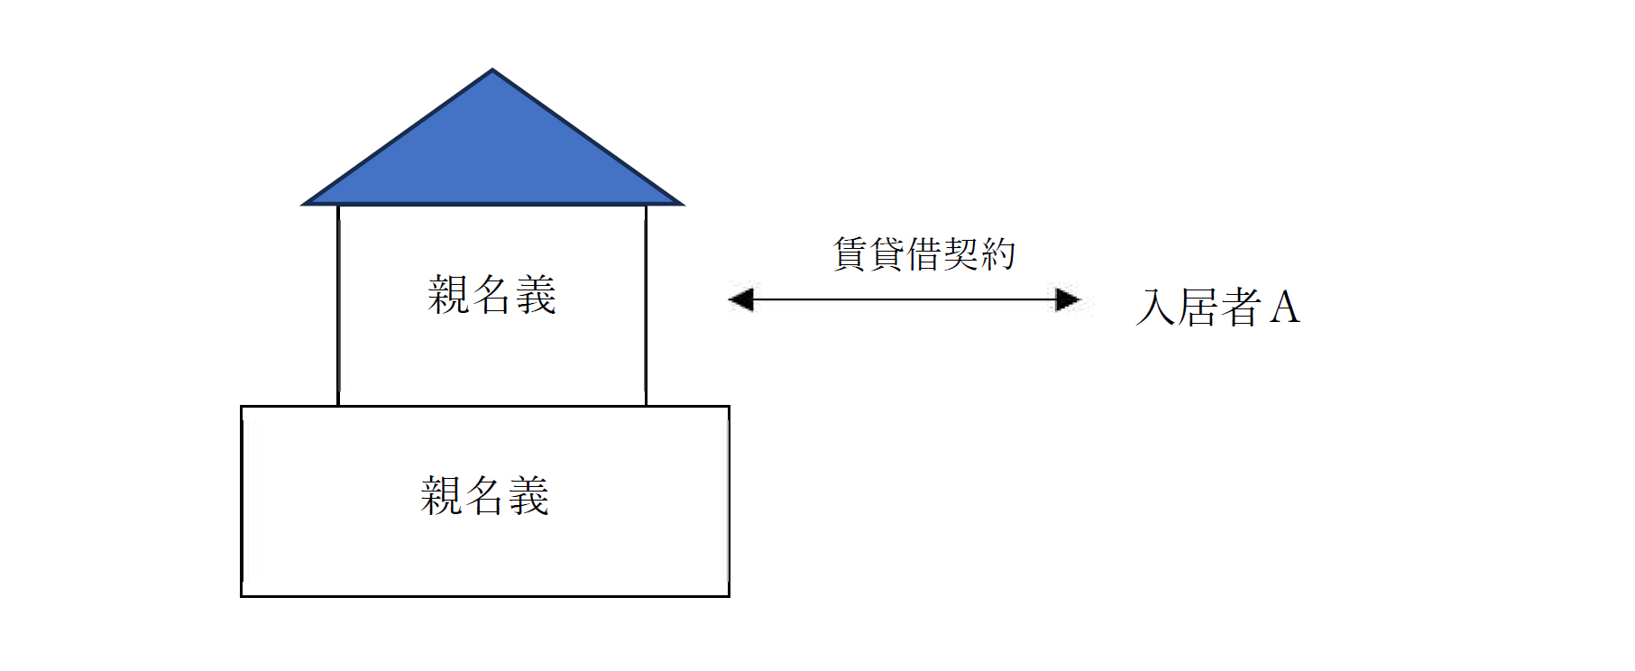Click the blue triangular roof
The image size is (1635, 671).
(492, 153)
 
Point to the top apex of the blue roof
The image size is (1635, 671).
(492, 69)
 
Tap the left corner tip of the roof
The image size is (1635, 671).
(303, 204)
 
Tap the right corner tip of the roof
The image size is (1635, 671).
(683, 204)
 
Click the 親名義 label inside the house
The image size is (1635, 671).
(492, 295)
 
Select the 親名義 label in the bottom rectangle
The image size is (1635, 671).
(485, 496)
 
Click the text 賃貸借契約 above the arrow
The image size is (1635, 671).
(924, 253)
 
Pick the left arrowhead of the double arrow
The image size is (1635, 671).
(740, 299)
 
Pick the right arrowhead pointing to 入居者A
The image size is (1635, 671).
(1068, 299)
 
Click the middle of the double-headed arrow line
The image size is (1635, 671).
(905, 299)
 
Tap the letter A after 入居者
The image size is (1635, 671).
(1285, 308)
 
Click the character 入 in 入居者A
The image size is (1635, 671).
(1156, 308)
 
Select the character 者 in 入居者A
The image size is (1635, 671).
(1241, 308)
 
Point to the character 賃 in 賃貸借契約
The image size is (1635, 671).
(850, 253)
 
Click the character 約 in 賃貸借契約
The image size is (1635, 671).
(998, 253)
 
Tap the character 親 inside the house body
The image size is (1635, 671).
(448, 295)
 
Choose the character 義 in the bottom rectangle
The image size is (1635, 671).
(529, 496)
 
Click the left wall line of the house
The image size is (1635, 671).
(338, 306)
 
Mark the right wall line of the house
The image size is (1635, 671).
(646, 306)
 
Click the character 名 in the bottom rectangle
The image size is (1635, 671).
(486, 496)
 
